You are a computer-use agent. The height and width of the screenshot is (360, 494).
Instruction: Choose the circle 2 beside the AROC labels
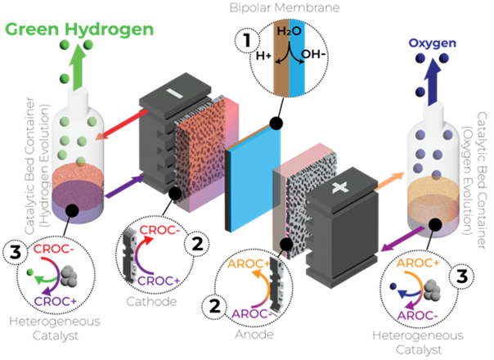214,306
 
